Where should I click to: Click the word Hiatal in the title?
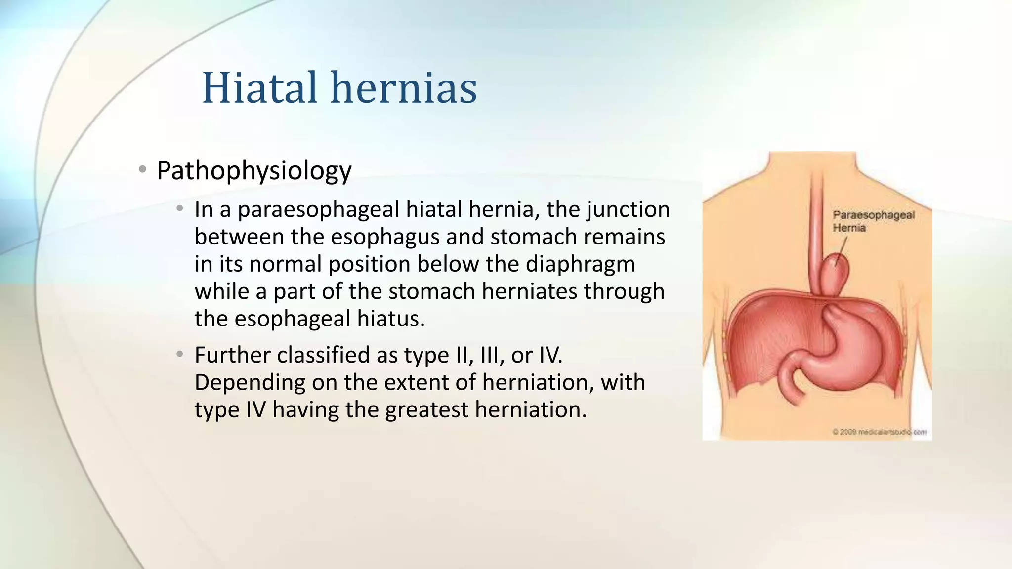(x=259, y=88)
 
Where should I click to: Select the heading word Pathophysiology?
(x=254, y=171)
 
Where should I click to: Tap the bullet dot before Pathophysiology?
(x=143, y=170)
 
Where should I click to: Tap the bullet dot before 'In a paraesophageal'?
(x=180, y=209)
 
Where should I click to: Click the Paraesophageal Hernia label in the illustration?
(x=873, y=221)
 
